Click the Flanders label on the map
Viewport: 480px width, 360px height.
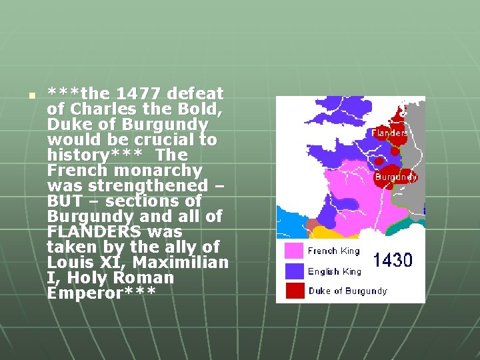[390, 133]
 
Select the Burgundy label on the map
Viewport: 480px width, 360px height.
[396, 177]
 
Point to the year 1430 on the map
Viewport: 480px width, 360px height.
[393, 260]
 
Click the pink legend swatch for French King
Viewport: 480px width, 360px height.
[294, 251]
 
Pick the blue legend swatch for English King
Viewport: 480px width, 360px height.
[294, 271]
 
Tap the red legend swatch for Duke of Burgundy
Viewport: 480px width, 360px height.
[294, 290]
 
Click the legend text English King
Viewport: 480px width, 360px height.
[334, 271]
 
